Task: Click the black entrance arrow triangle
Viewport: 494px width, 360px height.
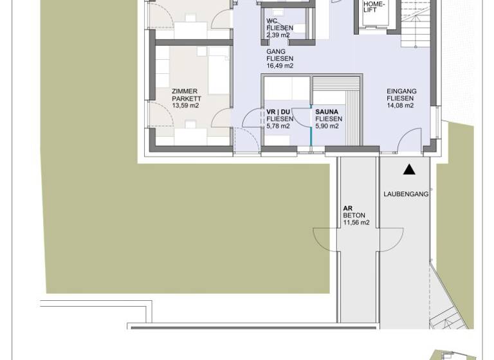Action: click(409, 170)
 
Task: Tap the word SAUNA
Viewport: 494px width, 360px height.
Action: click(327, 112)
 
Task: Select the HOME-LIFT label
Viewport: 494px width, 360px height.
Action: click(374, 6)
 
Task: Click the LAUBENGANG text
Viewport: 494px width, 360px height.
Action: click(406, 194)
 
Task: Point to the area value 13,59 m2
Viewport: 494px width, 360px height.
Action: click(185, 106)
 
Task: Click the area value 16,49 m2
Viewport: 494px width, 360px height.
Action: click(280, 66)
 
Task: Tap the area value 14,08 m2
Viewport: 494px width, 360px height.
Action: click(400, 106)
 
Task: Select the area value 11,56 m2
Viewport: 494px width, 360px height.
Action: click(356, 223)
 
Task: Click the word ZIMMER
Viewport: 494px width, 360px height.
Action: click(185, 91)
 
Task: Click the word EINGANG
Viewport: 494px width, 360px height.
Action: click(401, 91)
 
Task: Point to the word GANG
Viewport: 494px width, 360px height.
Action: click(276, 51)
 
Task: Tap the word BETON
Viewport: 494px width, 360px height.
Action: click(354, 216)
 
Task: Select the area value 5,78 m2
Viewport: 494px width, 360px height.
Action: click(278, 127)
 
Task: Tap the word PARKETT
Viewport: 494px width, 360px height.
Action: click(187, 99)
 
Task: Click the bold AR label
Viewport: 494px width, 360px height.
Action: click(347, 208)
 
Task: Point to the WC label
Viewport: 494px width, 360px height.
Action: click(271, 21)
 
